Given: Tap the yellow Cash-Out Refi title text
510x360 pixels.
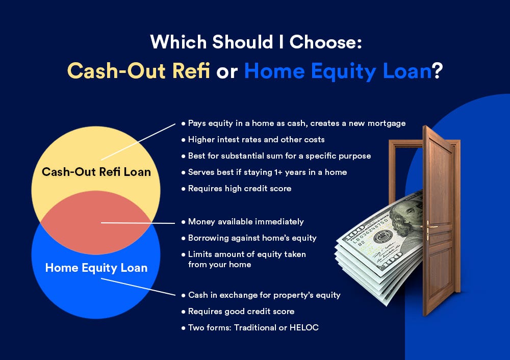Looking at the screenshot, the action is click(139, 70).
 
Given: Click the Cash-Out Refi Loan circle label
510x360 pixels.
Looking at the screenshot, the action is click(96, 172).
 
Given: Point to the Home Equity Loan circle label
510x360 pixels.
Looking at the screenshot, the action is click(96, 268).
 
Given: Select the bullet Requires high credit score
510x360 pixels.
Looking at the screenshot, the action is click(236, 189).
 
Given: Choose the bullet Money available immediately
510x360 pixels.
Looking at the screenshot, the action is click(242, 222).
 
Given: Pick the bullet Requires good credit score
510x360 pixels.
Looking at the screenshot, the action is click(238, 312).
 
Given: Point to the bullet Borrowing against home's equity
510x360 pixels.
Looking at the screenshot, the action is click(249, 238).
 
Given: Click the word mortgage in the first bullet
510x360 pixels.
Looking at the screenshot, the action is click(387, 123).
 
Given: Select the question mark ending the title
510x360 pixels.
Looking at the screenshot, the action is click(437, 70).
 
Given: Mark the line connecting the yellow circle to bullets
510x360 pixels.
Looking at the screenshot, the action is click(138, 142).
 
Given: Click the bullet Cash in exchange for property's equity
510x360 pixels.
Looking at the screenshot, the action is click(261, 295).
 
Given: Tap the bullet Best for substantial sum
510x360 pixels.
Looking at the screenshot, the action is click(276, 156).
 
